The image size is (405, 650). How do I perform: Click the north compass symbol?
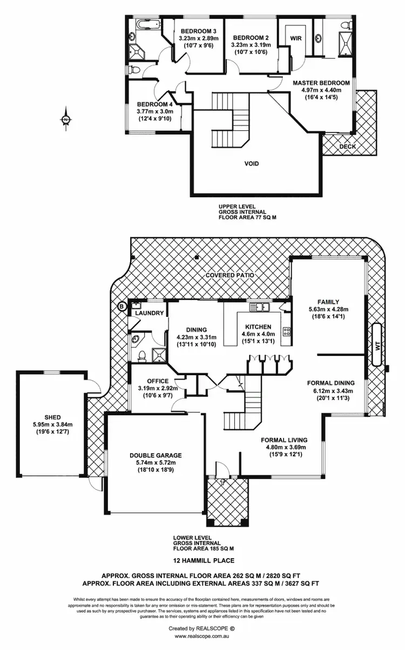point(65,120)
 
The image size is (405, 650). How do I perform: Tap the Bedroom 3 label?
point(198,31)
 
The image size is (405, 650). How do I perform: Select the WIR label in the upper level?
point(295,39)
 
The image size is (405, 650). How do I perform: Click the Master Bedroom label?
point(321,83)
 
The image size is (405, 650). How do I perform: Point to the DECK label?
point(347,146)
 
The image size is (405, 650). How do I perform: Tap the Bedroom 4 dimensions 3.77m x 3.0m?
point(153,112)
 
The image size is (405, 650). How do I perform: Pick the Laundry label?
point(149,313)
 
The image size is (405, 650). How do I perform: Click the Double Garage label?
point(154,455)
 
